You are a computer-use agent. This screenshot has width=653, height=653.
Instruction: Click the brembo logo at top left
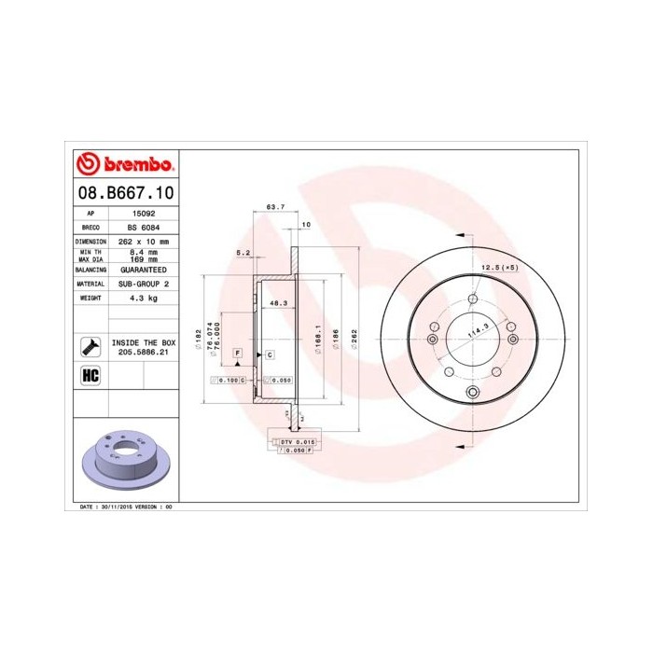click(123, 164)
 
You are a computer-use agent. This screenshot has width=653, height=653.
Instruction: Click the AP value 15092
click(144, 214)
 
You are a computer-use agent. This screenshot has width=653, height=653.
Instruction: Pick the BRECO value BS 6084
click(144, 227)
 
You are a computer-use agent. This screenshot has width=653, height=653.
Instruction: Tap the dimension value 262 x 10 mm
click(144, 241)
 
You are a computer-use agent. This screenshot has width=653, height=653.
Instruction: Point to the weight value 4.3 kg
click(144, 298)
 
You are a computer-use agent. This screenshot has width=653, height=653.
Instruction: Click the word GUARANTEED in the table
click(144, 269)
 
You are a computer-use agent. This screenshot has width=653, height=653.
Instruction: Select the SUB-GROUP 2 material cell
click(144, 283)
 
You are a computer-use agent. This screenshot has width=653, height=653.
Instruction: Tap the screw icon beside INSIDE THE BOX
click(91, 346)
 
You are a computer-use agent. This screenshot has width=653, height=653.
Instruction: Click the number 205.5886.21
click(144, 354)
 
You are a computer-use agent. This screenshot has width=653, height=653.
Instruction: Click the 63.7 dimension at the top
click(274, 206)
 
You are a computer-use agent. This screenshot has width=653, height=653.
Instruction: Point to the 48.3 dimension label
click(277, 303)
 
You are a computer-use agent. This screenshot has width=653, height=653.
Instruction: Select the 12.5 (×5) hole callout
click(498, 268)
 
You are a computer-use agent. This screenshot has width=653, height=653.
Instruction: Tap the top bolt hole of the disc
click(473, 299)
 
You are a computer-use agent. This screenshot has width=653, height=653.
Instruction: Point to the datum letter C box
click(269, 355)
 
